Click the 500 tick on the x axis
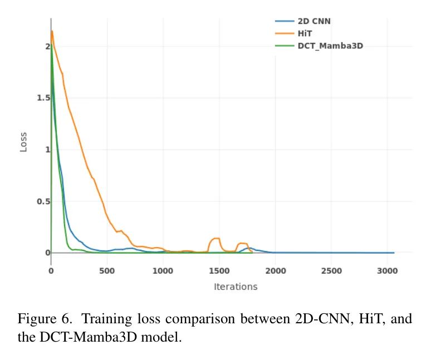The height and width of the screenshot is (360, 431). click(x=107, y=271)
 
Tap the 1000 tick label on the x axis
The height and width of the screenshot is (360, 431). click(x=163, y=271)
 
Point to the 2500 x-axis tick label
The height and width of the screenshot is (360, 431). click(x=331, y=271)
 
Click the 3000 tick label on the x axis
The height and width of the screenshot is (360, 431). click(x=388, y=271)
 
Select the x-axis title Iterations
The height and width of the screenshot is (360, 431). click(x=236, y=287)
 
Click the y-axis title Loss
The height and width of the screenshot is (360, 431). click(x=23, y=141)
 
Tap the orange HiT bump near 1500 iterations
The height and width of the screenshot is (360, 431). click(x=214, y=239)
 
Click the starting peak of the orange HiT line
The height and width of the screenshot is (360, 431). click(x=52, y=31)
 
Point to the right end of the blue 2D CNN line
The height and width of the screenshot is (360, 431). click(x=394, y=253)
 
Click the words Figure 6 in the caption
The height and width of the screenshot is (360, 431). click(x=45, y=319)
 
